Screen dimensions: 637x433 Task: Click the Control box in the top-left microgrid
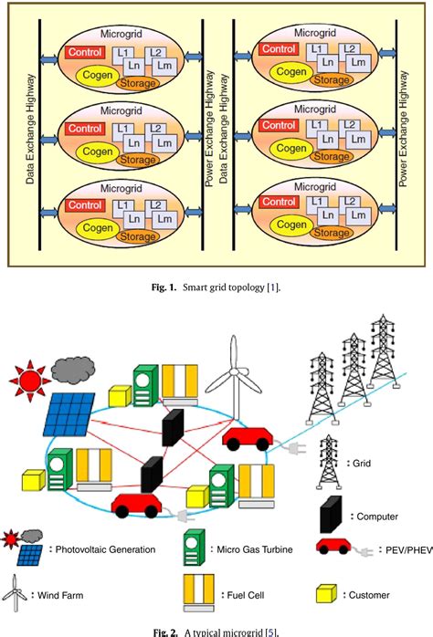(x=85, y=54)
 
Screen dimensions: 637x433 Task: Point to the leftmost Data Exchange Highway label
(x=29, y=133)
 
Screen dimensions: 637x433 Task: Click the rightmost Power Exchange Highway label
(x=403, y=133)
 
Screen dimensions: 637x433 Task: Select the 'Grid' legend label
(x=363, y=463)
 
